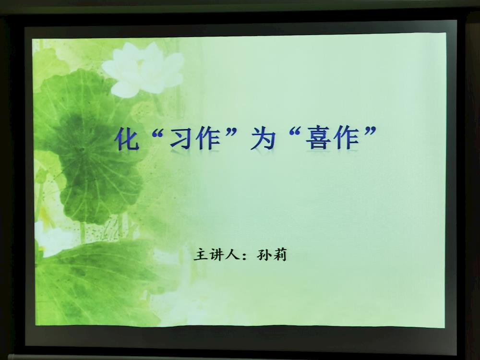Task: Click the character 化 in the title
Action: [127, 139]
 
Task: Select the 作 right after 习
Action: [209, 139]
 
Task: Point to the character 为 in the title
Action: [263, 139]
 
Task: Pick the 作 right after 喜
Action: [346, 138]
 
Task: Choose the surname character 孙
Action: [264, 255]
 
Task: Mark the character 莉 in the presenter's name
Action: [279, 255]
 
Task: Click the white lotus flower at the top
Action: [143, 69]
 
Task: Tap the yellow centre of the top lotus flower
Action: [142, 62]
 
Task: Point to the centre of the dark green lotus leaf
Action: [82, 149]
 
